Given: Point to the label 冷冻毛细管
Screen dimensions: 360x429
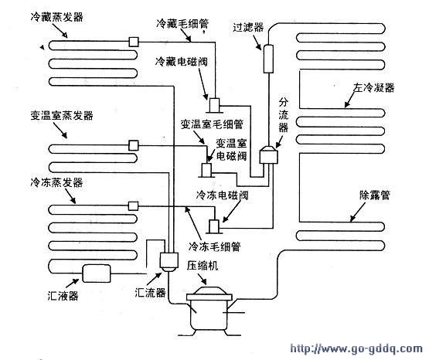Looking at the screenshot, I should pyautogui.click(x=213, y=246).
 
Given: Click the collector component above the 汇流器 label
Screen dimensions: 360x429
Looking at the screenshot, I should pyautogui.click(x=167, y=263).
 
